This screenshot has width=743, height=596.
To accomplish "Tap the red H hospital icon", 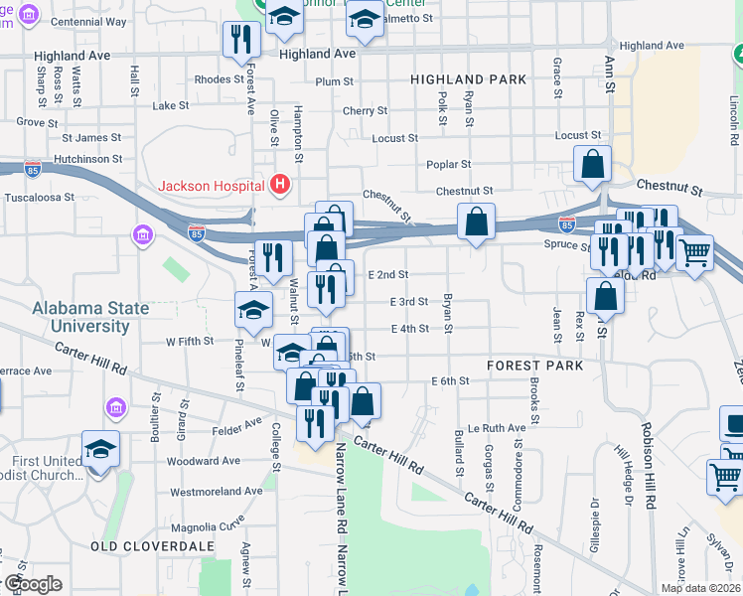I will (x=280, y=185).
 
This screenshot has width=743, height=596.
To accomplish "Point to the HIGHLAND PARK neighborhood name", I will (x=463, y=79).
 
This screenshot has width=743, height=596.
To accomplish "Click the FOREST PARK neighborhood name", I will (x=527, y=366).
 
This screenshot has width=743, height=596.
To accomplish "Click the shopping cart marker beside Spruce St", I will (x=694, y=252).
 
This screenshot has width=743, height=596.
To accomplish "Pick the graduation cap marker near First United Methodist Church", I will (x=100, y=450).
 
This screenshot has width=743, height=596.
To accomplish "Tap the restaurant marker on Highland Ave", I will (x=241, y=40).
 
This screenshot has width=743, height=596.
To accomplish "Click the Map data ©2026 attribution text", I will (x=700, y=588).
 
